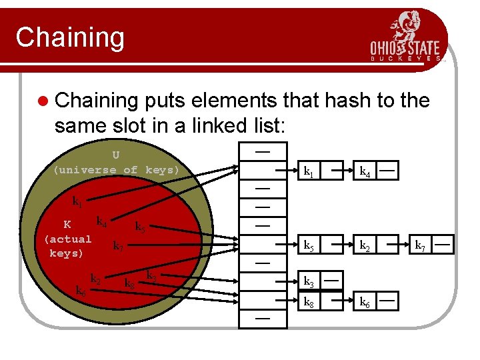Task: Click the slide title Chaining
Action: (70, 37)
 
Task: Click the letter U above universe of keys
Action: (116, 155)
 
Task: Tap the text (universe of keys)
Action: (117, 170)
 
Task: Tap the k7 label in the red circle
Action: (118, 246)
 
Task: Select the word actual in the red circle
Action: (67, 239)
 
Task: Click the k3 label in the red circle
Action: (151, 275)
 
